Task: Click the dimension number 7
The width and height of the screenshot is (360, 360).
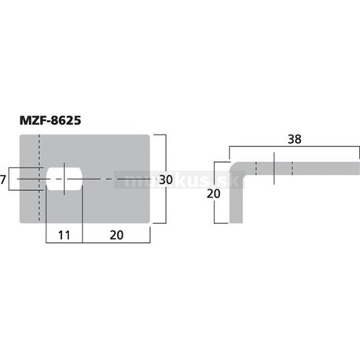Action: point(4,180)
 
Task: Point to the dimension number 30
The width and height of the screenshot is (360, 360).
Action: point(165,180)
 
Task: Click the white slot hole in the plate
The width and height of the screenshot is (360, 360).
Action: point(64,179)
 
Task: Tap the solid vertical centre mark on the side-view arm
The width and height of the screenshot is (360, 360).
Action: point(271,168)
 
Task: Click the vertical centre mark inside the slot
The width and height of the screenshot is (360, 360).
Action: point(64,180)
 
